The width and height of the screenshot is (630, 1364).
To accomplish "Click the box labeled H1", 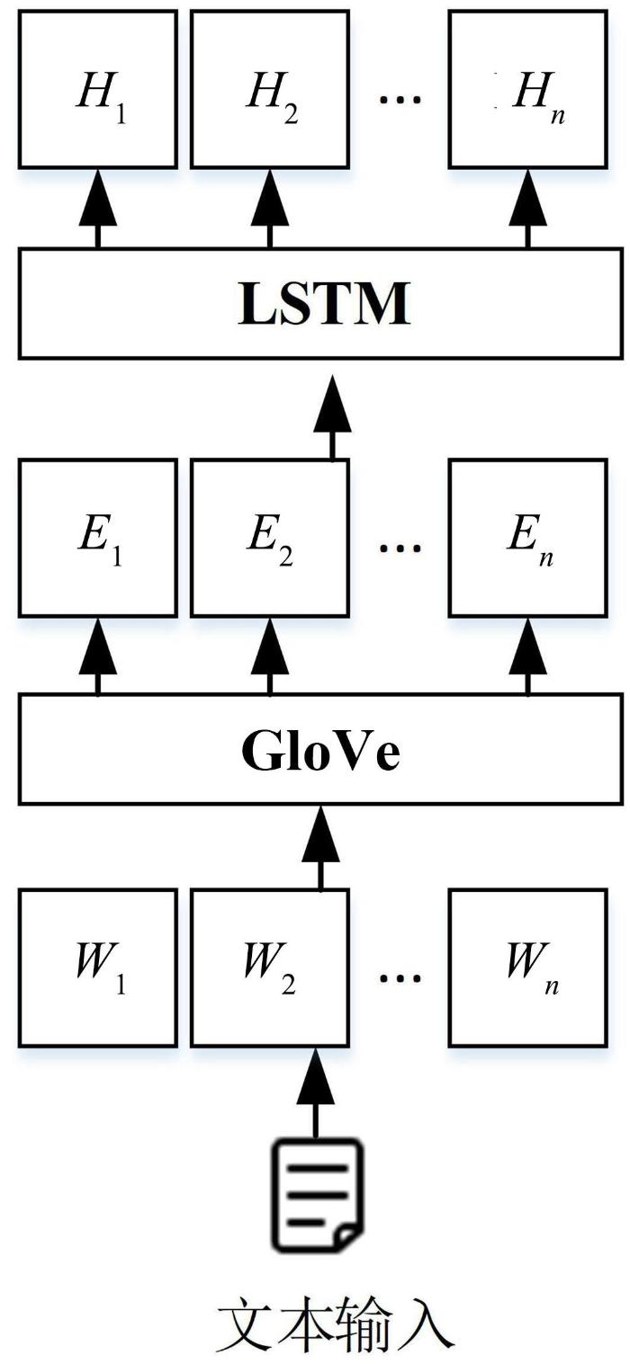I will click(x=97, y=89).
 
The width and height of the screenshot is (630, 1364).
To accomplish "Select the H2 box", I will click(x=269, y=89).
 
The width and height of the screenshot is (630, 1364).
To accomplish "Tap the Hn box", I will click(x=527, y=89).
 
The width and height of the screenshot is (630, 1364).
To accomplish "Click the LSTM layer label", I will click(x=325, y=304).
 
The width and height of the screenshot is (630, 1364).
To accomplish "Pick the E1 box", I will click(x=97, y=538).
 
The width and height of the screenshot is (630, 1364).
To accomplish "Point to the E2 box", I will click(x=269, y=538).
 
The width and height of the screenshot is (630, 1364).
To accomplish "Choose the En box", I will click(x=527, y=538).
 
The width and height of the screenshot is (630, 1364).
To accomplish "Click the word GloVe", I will click(x=320, y=752).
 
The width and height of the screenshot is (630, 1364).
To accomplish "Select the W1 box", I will click(x=97, y=967).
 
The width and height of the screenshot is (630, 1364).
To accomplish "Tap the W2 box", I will click(x=269, y=967).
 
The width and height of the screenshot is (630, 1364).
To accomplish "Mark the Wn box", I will click(x=527, y=967).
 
